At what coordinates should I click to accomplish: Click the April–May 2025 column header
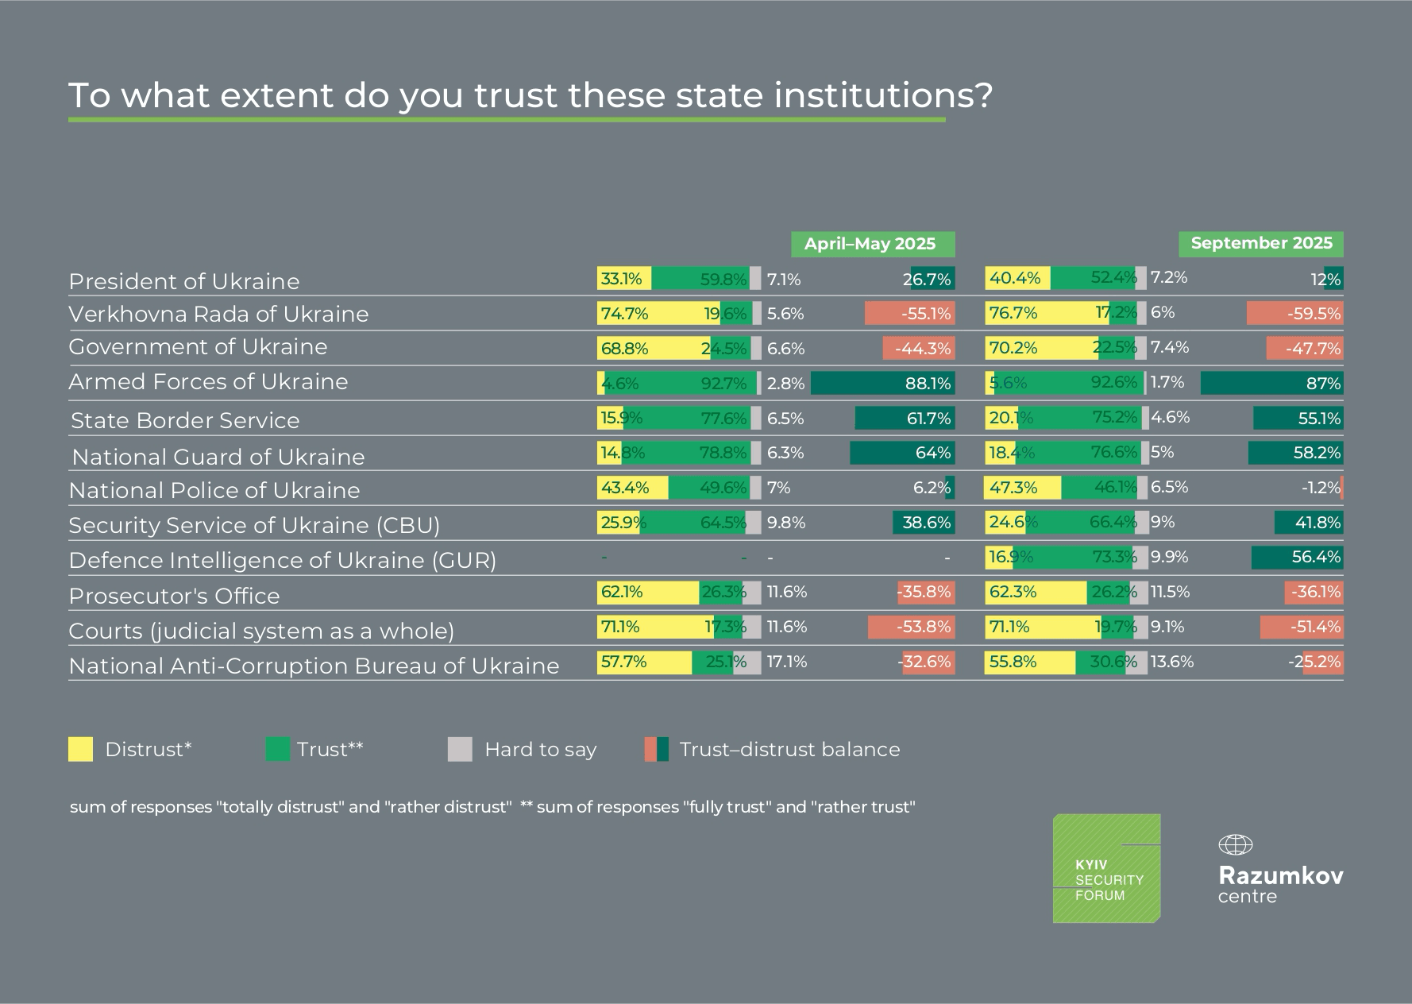pyautogui.click(x=872, y=244)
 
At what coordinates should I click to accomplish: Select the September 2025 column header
pyautogui.click(x=1260, y=243)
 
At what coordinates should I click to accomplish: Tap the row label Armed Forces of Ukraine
pyautogui.click(x=208, y=382)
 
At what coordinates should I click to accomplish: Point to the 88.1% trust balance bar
pyautogui.click(x=882, y=384)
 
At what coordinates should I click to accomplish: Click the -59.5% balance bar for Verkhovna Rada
pyautogui.click(x=1294, y=314)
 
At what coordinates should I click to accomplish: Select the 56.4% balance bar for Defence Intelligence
pyautogui.click(x=1297, y=557)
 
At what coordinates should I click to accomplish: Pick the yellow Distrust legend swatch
pyautogui.click(x=80, y=749)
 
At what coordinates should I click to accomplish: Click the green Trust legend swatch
pyautogui.click(x=277, y=749)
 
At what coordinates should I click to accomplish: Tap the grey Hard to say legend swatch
pyautogui.click(x=460, y=749)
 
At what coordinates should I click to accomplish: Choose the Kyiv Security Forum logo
pyautogui.click(x=1106, y=868)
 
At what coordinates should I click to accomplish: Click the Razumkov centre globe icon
pyautogui.click(x=1235, y=844)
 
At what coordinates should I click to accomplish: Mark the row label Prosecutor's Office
pyautogui.click(x=174, y=596)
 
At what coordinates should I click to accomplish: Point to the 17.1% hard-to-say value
pyautogui.click(x=786, y=662)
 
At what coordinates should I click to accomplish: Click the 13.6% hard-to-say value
pyautogui.click(x=1171, y=662)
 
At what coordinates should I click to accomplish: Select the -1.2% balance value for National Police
pyautogui.click(x=1320, y=488)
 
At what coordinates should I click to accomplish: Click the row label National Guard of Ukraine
pyautogui.click(x=218, y=458)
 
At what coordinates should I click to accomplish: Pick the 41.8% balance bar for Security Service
pyautogui.click(x=1308, y=523)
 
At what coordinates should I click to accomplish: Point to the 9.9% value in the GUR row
pyautogui.click(x=1169, y=557)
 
